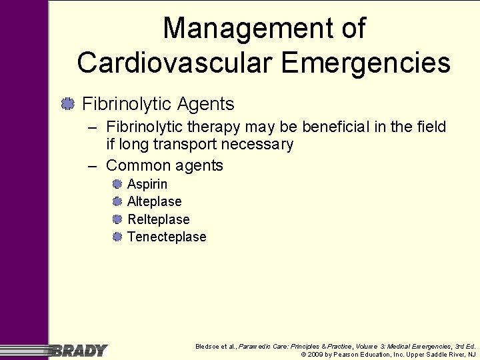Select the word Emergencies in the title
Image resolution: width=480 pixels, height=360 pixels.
coord(366,63)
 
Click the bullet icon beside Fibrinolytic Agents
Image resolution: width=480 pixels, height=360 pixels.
coord(67,104)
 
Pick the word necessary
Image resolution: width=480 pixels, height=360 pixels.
coord(261,145)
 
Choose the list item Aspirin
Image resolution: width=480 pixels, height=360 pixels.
coord(147,184)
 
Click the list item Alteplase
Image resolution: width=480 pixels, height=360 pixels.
coord(154,201)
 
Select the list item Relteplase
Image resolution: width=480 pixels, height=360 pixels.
coord(159,219)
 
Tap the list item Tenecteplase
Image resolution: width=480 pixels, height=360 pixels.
coord(167,237)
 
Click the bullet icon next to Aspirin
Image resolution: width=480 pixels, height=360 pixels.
coord(117,184)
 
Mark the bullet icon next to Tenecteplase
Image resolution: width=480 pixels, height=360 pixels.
coord(117,237)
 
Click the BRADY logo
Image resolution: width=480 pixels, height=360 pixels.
coord(79,350)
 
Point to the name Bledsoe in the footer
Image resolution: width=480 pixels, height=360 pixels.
coord(207,347)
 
